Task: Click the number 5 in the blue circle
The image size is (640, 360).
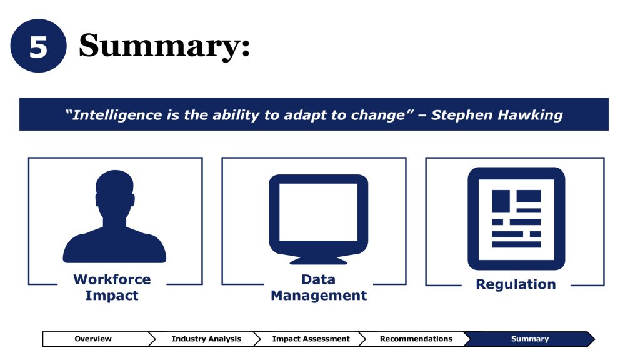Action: [38, 46]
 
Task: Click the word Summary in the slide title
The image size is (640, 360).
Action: [159, 46]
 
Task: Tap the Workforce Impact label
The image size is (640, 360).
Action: [112, 287]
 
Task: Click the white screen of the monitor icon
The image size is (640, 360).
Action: [318, 212]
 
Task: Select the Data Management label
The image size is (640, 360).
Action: [319, 287]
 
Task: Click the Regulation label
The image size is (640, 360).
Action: [516, 284]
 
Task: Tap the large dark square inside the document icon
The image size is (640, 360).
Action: [501, 201]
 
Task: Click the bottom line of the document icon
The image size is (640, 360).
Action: [516, 244]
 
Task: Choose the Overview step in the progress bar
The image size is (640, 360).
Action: [93, 339]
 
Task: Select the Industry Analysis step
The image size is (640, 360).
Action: [206, 339]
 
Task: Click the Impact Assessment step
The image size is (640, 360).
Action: [311, 339]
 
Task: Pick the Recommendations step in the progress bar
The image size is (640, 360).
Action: [416, 339]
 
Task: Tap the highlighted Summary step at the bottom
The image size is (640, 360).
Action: [530, 339]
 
